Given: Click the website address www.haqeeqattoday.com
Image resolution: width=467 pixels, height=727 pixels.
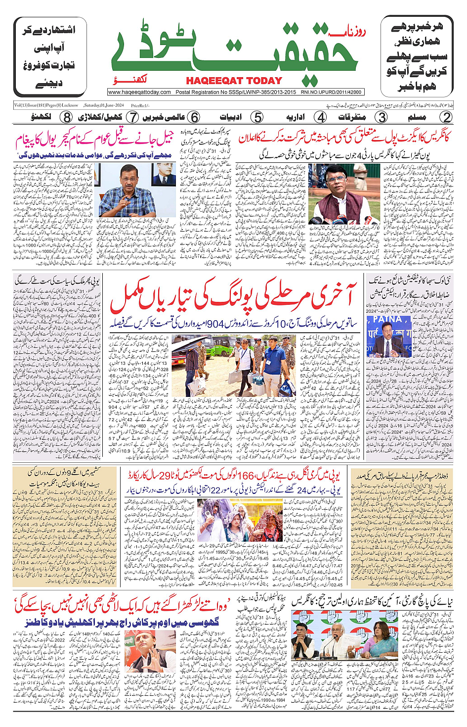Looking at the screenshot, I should (x=139, y=92).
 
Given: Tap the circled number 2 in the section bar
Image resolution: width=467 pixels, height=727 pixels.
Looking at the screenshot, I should (x=446, y=117).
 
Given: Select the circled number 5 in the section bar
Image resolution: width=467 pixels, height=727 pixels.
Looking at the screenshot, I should (x=257, y=117).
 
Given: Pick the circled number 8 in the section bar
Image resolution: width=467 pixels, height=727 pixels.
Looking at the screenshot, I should (x=67, y=117).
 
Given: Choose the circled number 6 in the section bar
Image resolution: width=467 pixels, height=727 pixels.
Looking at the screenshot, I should (x=195, y=117).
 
